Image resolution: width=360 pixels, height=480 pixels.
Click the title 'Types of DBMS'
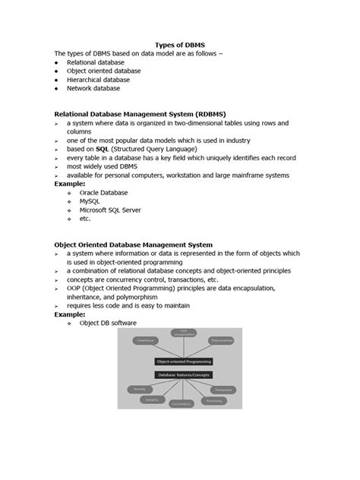(x=180, y=45)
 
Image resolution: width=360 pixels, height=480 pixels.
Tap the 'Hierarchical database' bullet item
(x=98, y=80)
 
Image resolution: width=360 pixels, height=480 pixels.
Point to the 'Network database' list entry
(x=93, y=88)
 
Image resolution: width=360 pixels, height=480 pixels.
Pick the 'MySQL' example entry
(x=90, y=201)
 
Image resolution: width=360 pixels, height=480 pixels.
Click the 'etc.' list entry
(x=85, y=219)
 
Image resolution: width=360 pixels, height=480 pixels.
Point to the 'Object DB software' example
(x=108, y=323)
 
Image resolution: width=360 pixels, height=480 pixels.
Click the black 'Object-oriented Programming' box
(x=184, y=362)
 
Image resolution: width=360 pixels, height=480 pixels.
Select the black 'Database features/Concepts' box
(x=184, y=375)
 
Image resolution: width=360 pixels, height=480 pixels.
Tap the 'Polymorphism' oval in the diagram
(x=222, y=340)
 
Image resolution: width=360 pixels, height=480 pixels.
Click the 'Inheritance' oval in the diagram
(x=146, y=340)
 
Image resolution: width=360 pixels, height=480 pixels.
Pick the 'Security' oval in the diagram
(x=139, y=389)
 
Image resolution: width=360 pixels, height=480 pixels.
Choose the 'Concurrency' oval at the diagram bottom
(x=181, y=404)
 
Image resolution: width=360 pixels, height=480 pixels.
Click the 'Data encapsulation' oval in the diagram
(x=183, y=332)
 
